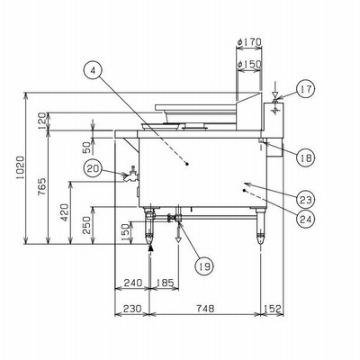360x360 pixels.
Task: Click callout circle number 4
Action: pos(93,70)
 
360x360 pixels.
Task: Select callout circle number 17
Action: pos(306,89)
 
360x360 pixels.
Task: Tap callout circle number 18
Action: pos(306,157)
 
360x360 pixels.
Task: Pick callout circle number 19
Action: pos(204,265)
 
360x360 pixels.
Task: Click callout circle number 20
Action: pos(93,169)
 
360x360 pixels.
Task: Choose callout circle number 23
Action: pos(306,199)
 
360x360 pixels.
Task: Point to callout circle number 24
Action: pos(306,219)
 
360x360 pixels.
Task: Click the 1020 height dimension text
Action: pos(21,168)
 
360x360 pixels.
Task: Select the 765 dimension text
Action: pos(42,186)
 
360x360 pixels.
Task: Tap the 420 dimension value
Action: pos(65,212)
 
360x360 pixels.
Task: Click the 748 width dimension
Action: pos(205,308)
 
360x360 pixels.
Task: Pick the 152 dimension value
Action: pos(273,308)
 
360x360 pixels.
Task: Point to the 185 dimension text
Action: pos(165,283)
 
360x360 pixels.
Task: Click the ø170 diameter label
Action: pos(249,42)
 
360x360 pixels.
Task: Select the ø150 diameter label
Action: pos(249,64)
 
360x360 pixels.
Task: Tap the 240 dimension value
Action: pos(133,283)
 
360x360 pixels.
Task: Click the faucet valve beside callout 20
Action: pos(131,175)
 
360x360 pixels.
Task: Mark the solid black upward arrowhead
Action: pos(151,247)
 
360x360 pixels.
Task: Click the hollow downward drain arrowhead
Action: pos(178,239)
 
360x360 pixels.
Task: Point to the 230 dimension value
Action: pos(132,308)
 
